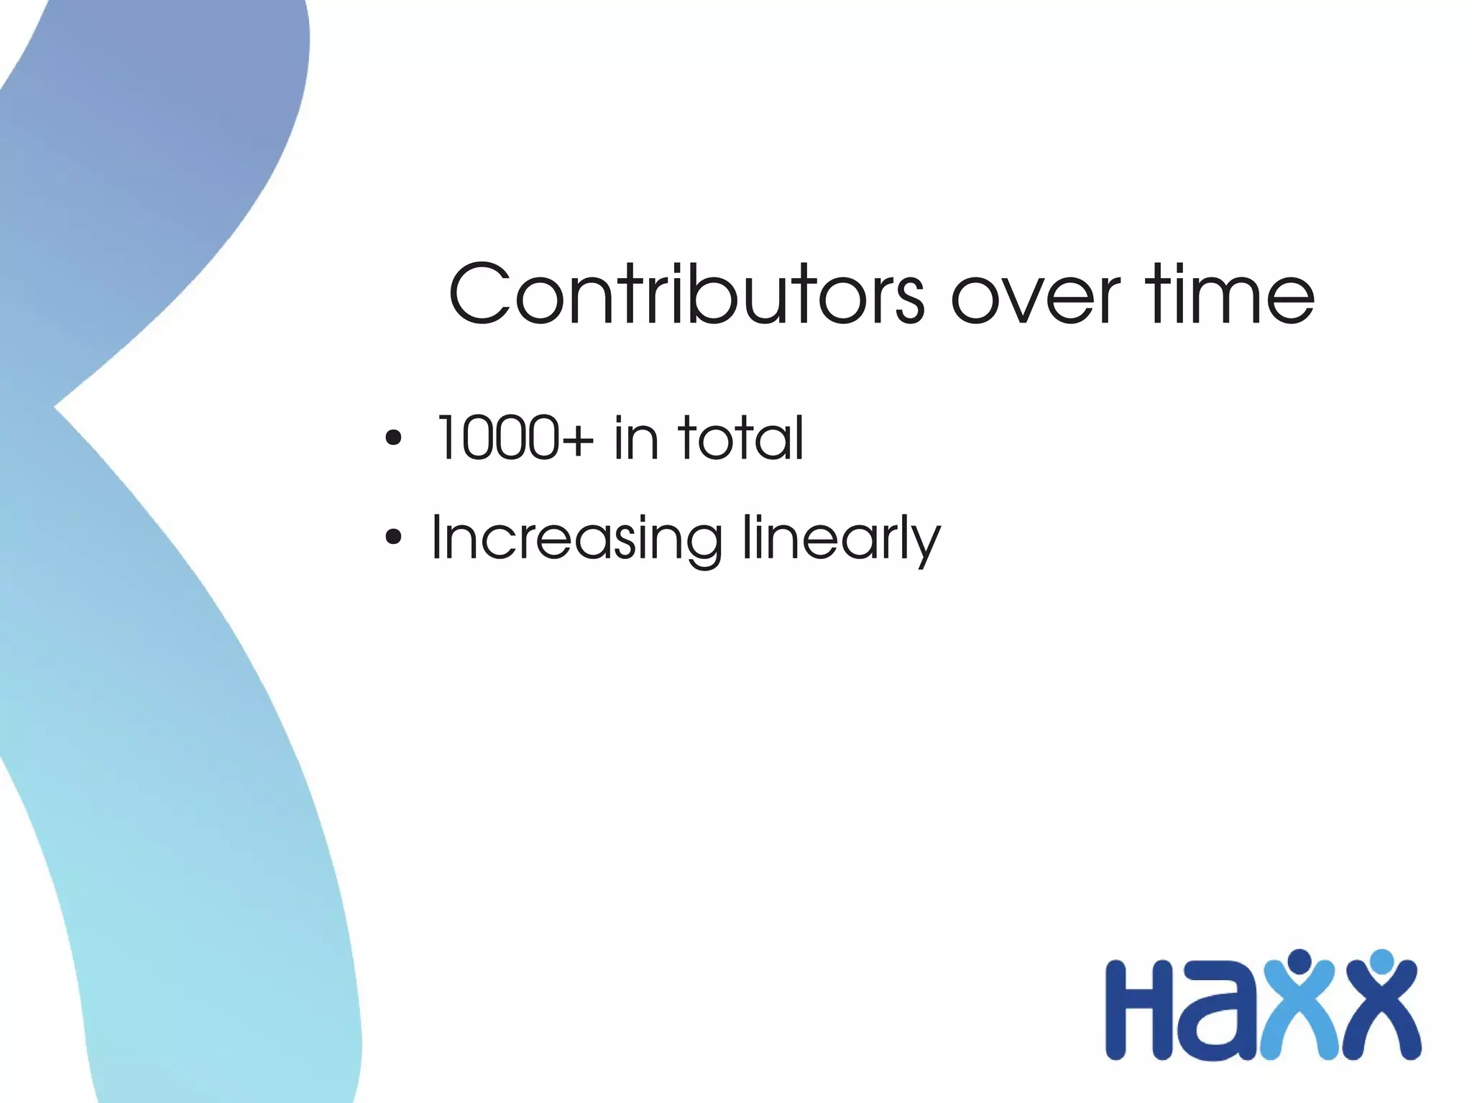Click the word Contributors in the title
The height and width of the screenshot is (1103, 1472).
pyautogui.click(x=686, y=295)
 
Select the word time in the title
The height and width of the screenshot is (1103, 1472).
pyautogui.click(x=1230, y=295)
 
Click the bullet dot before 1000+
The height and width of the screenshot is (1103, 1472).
pyautogui.click(x=393, y=438)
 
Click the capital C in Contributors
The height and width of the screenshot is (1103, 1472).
pyautogui.click(x=480, y=295)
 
